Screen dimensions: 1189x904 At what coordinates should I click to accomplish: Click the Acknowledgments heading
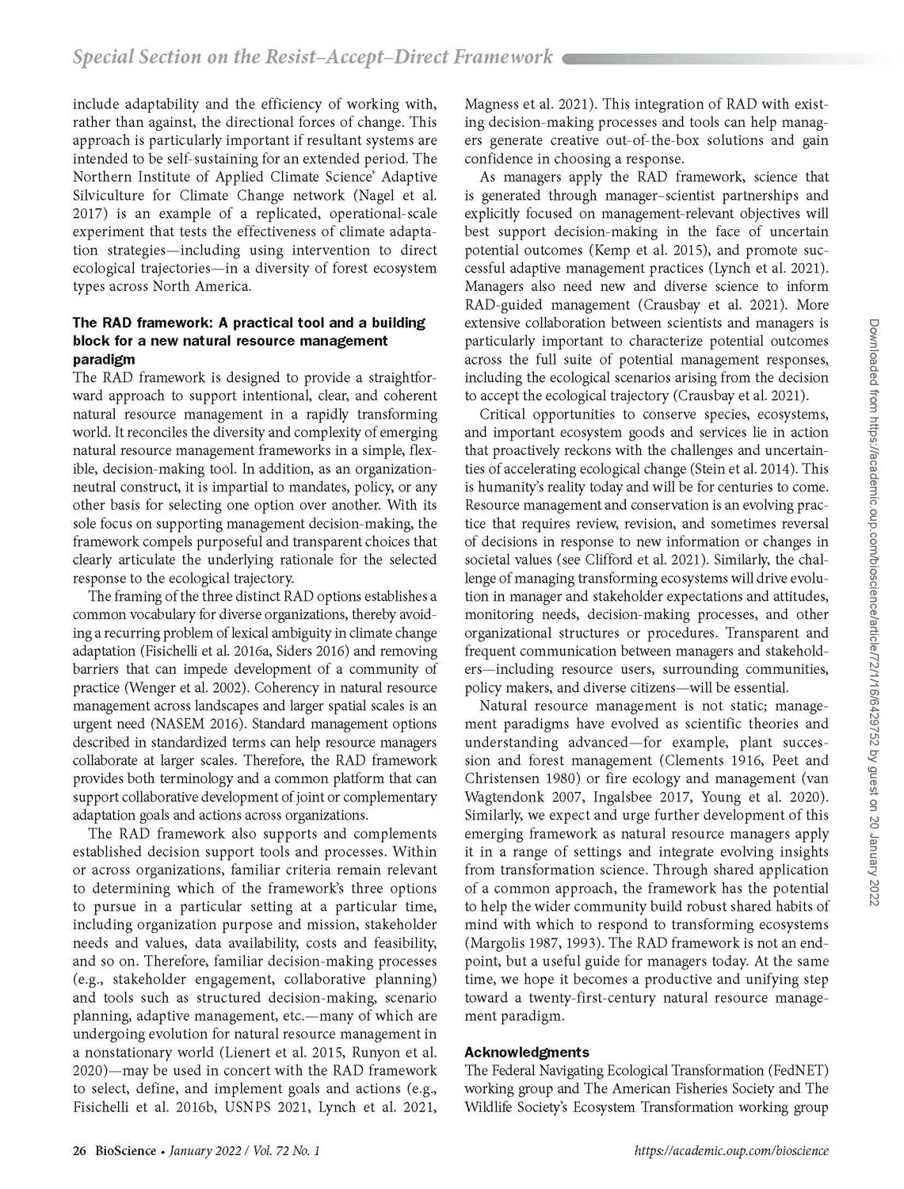[526, 1052]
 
